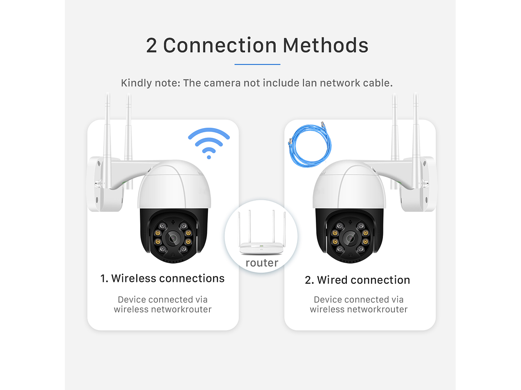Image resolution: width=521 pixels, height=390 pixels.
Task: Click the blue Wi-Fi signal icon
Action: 209,143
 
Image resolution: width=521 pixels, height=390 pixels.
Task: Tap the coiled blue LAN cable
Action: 309,145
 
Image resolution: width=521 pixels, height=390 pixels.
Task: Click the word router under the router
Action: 262,263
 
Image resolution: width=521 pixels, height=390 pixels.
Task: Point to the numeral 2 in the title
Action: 151,46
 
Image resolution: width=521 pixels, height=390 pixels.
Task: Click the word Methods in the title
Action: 325,46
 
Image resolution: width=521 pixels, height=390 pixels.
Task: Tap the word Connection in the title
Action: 220,46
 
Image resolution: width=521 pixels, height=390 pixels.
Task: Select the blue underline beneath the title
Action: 257,64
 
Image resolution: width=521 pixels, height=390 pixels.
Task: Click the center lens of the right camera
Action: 350,238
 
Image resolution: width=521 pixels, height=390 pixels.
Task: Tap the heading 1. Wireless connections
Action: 163,278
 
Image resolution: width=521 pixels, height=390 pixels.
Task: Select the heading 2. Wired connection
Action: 357,280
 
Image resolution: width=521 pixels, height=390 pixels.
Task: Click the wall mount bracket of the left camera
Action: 104,185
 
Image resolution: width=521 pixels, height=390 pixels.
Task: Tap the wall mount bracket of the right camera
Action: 418,185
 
